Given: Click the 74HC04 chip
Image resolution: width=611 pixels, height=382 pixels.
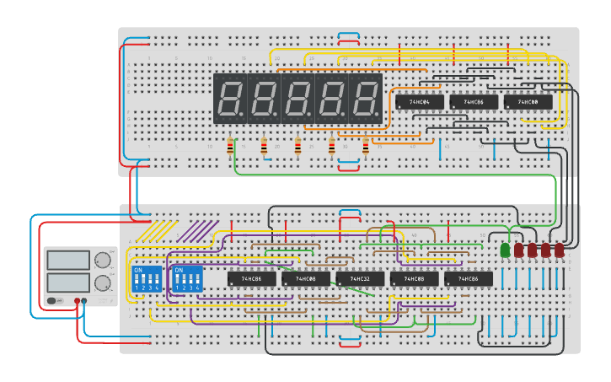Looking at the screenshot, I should [x=419, y=102].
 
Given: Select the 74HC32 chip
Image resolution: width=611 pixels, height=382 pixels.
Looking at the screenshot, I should [x=360, y=278].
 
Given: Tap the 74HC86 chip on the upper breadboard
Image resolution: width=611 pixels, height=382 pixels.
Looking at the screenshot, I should [x=473, y=102].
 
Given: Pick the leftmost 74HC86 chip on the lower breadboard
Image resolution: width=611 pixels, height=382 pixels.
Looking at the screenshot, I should [x=251, y=278].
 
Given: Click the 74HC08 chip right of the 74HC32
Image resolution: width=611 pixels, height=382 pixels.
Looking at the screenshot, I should [x=414, y=278].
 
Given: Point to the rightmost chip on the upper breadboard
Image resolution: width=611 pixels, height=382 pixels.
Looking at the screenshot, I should [x=528, y=102].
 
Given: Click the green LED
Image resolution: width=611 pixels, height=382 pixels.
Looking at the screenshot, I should [x=506, y=250].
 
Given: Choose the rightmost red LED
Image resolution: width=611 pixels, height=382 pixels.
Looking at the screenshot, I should [x=559, y=250].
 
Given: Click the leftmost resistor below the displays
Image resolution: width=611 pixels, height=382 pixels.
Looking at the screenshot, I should [x=230, y=148].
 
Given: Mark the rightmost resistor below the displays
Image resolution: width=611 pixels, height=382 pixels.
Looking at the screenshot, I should [x=365, y=148].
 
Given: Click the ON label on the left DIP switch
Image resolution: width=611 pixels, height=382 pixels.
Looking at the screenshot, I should [x=138, y=271].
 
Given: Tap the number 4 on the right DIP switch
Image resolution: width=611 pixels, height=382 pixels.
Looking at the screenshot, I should [x=199, y=288].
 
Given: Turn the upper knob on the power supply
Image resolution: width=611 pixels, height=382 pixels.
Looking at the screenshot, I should [x=103, y=260].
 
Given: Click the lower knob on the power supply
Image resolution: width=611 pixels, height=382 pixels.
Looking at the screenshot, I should [x=103, y=282].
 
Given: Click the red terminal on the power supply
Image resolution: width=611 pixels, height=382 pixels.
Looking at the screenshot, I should [x=77, y=300].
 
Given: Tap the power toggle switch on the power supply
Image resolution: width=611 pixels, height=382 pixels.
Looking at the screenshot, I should [x=54, y=300].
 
